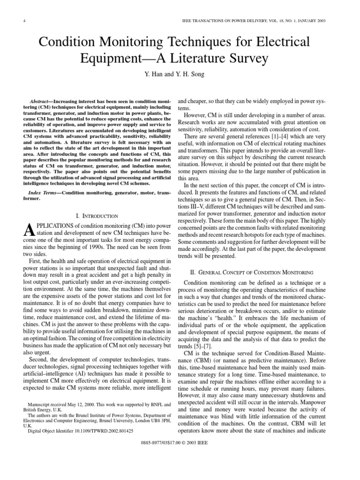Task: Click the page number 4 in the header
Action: point(23,21)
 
